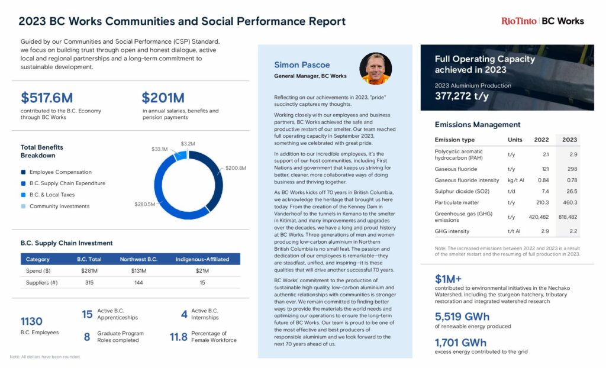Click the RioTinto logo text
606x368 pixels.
pyautogui.click(x=518, y=21)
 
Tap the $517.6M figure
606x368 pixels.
pyautogui.click(x=48, y=98)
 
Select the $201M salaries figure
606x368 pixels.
pyautogui.click(x=163, y=98)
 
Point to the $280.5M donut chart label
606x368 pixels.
pyautogui.click(x=144, y=204)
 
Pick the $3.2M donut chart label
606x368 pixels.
pyautogui.click(x=188, y=144)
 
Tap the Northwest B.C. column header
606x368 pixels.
pyautogui.click(x=138, y=259)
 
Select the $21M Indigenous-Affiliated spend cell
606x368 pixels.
pyautogui.click(x=202, y=271)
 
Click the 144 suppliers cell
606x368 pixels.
pyautogui.click(x=138, y=283)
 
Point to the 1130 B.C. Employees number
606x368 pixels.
pyautogui.click(x=31, y=321)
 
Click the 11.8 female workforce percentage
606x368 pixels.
pyautogui.click(x=178, y=337)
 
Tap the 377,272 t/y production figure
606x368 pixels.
pyautogui.click(x=462, y=96)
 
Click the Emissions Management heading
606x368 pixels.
pyautogui.click(x=478, y=124)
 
